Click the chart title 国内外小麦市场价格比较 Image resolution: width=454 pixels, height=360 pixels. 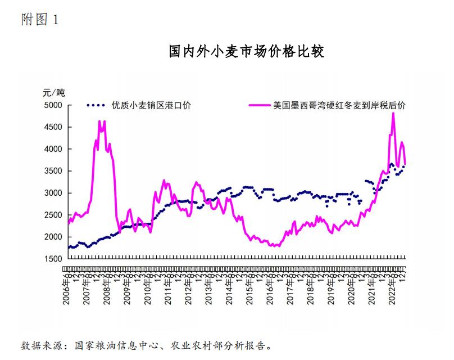247,52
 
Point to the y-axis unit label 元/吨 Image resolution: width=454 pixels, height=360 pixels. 55,93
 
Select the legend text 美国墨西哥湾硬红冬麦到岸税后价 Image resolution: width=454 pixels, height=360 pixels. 339,105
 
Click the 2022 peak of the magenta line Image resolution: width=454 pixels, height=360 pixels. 393,114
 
